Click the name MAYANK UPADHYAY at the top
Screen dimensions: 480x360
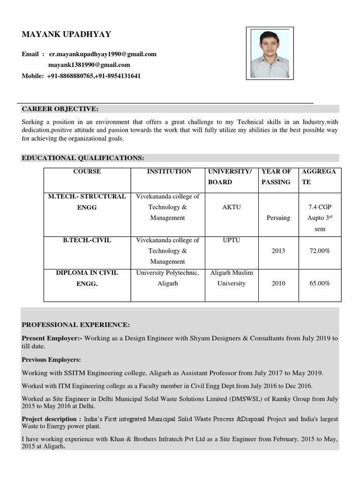pyautogui.click(x=66, y=35)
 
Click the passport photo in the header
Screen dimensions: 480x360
pyautogui.click(x=270, y=53)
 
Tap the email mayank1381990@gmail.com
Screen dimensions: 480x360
pyautogui.click(x=89, y=65)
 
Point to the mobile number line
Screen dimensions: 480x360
pyautogui.click(x=81, y=76)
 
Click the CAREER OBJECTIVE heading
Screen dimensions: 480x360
pyautogui.click(x=60, y=109)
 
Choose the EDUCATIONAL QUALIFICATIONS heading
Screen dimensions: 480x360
pyautogui.click(x=83, y=158)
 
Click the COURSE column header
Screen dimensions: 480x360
pyautogui.click(x=87, y=172)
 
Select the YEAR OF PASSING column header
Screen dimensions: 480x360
pyautogui.click(x=276, y=177)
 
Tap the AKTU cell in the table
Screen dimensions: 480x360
pyautogui.click(x=231, y=207)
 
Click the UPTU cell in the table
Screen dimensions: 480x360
pyautogui.click(x=231, y=240)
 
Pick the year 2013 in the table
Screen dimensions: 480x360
pyautogui.click(x=278, y=251)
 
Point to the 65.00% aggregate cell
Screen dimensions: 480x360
pyautogui.click(x=319, y=284)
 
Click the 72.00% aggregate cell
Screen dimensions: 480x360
pyautogui.click(x=319, y=251)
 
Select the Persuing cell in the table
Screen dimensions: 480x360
pyautogui.click(x=278, y=218)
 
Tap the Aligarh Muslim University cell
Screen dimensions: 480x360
pyautogui.click(x=231, y=278)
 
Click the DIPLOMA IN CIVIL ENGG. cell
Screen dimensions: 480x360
pyautogui.click(x=87, y=278)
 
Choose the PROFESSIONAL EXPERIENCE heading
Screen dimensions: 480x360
pyautogui.click(x=76, y=325)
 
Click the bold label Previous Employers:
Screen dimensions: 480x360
pyautogui.click(x=51, y=360)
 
